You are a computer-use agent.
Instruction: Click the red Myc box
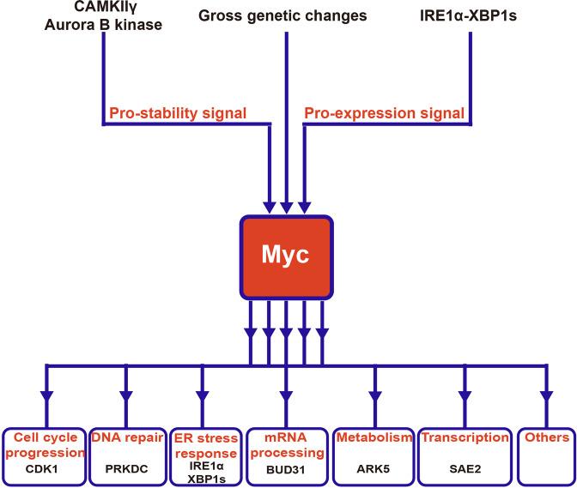[286, 256]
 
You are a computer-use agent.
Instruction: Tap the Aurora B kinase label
[103, 25]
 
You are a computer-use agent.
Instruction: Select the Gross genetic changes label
[282, 16]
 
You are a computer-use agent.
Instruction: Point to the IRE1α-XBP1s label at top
[468, 15]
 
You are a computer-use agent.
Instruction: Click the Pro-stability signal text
[178, 113]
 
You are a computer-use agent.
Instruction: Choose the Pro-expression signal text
[384, 113]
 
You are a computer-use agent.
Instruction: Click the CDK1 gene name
[41, 469]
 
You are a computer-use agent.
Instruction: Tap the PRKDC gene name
[126, 469]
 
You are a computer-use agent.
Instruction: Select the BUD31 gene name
[286, 470]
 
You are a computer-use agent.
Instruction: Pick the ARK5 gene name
[374, 469]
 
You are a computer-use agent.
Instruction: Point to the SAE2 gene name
[465, 469]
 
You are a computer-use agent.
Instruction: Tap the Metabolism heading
[374, 437]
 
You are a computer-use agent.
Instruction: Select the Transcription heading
[465, 437]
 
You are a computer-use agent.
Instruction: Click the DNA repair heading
[127, 437]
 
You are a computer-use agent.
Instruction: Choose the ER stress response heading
[206, 445]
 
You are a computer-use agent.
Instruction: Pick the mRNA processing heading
[287, 445]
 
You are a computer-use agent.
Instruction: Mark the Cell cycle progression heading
[46, 445]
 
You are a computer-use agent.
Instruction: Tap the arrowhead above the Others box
[546, 397]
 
